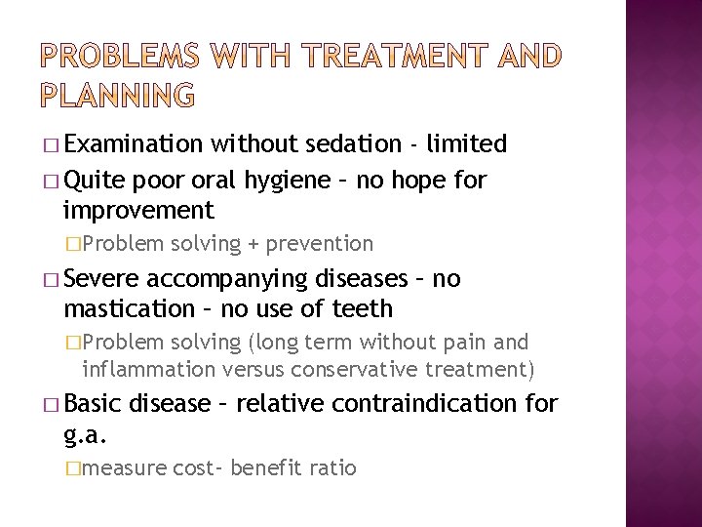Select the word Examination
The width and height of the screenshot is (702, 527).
pyautogui.click(x=133, y=144)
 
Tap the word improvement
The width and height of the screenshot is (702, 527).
pyautogui.click(x=137, y=210)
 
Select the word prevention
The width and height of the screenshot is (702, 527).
pyautogui.click(x=320, y=243)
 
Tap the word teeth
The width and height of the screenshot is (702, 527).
pyautogui.click(x=358, y=309)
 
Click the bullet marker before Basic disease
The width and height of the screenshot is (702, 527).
pyautogui.click(x=51, y=404)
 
